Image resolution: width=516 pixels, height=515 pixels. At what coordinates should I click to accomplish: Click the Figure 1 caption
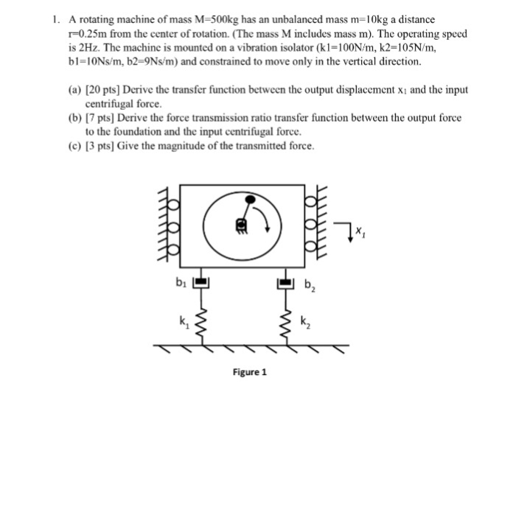[x=250, y=372]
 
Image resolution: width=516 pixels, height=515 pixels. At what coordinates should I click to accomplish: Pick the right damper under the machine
[x=286, y=281]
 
